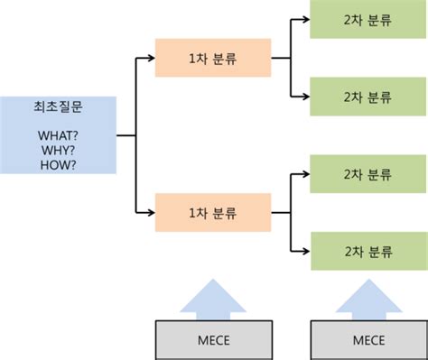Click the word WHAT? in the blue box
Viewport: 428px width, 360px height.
point(59,136)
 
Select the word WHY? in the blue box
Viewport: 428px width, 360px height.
point(59,151)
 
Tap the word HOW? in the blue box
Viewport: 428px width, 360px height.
point(59,165)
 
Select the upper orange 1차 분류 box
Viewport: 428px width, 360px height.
point(212,59)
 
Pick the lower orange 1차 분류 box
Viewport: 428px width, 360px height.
point(212,212)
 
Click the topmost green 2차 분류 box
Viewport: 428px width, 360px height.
point(368,20)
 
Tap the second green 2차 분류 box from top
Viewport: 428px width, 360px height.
point(368,97)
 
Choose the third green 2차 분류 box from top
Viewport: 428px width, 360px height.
point(368,173)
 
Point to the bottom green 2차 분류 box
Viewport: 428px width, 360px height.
point(368,250)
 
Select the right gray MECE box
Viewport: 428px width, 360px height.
point(368,340)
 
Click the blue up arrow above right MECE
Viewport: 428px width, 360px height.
point(368,298)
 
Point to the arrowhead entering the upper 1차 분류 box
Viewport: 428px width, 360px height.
point(150,59)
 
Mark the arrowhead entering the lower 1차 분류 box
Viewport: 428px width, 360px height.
point(150,212)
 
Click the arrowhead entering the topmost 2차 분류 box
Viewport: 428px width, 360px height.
point(304,20)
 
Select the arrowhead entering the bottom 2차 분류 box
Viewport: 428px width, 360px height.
point(304,250)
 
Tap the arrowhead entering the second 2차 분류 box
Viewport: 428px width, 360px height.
point(304,97)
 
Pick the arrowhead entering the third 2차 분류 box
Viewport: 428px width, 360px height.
point(304,173)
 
